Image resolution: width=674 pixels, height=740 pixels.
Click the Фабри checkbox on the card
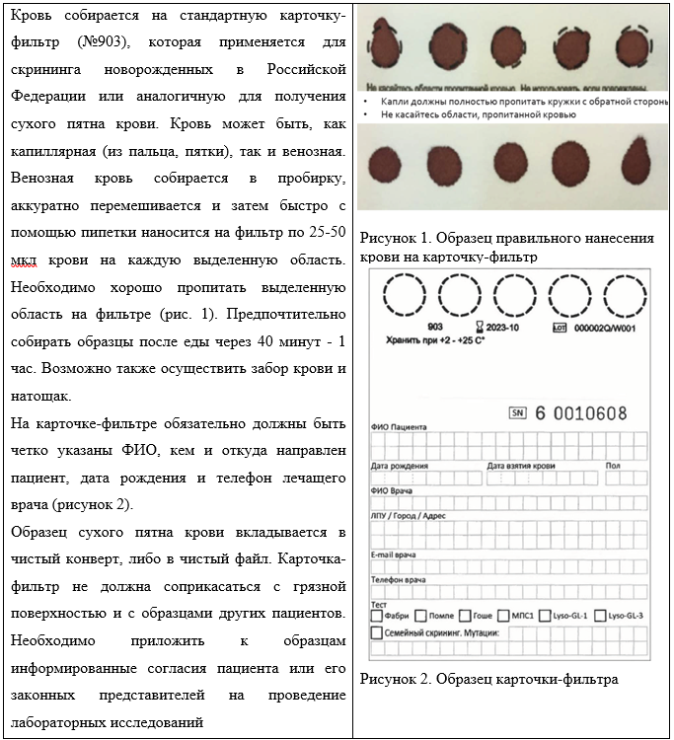(x=376, y=616)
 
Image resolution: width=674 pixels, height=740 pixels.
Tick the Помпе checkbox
(x=421, y=616)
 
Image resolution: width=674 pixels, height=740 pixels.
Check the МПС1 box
(x=504, y=616)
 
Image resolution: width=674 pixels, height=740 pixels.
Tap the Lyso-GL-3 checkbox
(x=599, y=616)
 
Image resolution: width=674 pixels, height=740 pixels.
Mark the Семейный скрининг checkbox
(x=376, y=632)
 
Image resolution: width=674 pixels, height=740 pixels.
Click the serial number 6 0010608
(x=582, y=413)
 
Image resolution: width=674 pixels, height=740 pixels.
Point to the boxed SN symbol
(x=517, y=413)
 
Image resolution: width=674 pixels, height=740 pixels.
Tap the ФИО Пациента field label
(x=399, y=427)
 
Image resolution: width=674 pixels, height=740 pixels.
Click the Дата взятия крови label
(x=520, y=465)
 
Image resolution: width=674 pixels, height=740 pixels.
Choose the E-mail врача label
(x=393, y=555)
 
